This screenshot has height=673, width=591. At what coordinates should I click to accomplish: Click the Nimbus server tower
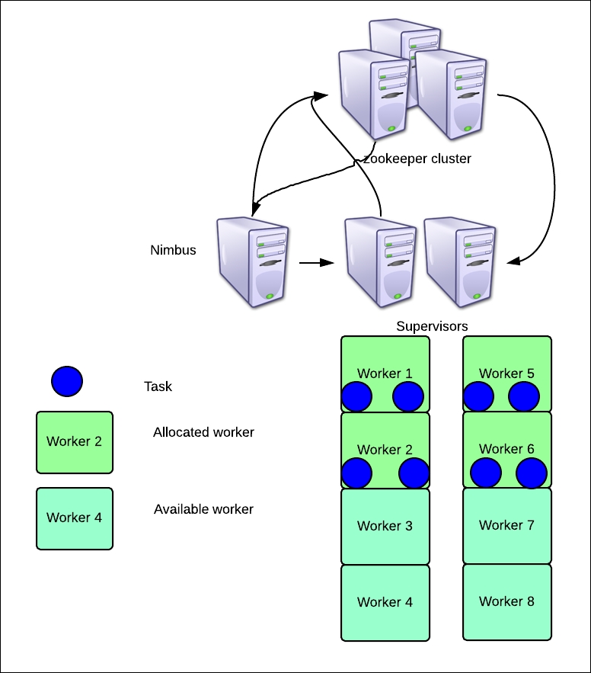pos(252,262)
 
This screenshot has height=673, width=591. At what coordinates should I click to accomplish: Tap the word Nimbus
pos(173,250)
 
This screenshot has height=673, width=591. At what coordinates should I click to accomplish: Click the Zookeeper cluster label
pos(417,159)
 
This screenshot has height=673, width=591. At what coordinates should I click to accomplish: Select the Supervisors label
pos(432,326)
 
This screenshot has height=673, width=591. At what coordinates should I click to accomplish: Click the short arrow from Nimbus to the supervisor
pos(317,263)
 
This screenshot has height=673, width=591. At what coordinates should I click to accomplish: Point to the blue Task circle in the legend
pos(67,381)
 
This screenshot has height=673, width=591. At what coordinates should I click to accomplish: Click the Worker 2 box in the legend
pos(75,443)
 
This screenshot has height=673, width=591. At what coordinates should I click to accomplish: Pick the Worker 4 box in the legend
pos(75,518)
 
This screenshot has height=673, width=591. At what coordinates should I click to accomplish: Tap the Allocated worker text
pos(203,432)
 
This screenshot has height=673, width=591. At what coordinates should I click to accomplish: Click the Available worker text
pos(203,509)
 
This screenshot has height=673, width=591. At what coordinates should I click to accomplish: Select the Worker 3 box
pos(385,526)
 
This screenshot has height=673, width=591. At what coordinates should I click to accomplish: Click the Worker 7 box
pos(507,525)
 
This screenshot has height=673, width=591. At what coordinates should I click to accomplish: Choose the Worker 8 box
pos(507,602)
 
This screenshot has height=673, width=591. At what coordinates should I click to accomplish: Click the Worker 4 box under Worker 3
pos(385,603)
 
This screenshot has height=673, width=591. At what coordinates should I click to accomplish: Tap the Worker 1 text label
pos(385,373)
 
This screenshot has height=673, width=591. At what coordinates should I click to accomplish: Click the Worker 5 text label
pos(506,373)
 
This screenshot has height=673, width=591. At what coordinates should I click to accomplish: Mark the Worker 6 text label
pos(506,449)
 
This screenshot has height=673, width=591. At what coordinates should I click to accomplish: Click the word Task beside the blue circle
pos(158,386)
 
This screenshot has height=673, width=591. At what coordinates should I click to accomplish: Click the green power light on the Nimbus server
pos(270,296)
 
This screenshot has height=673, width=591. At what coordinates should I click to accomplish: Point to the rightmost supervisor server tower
pos(460,262)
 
